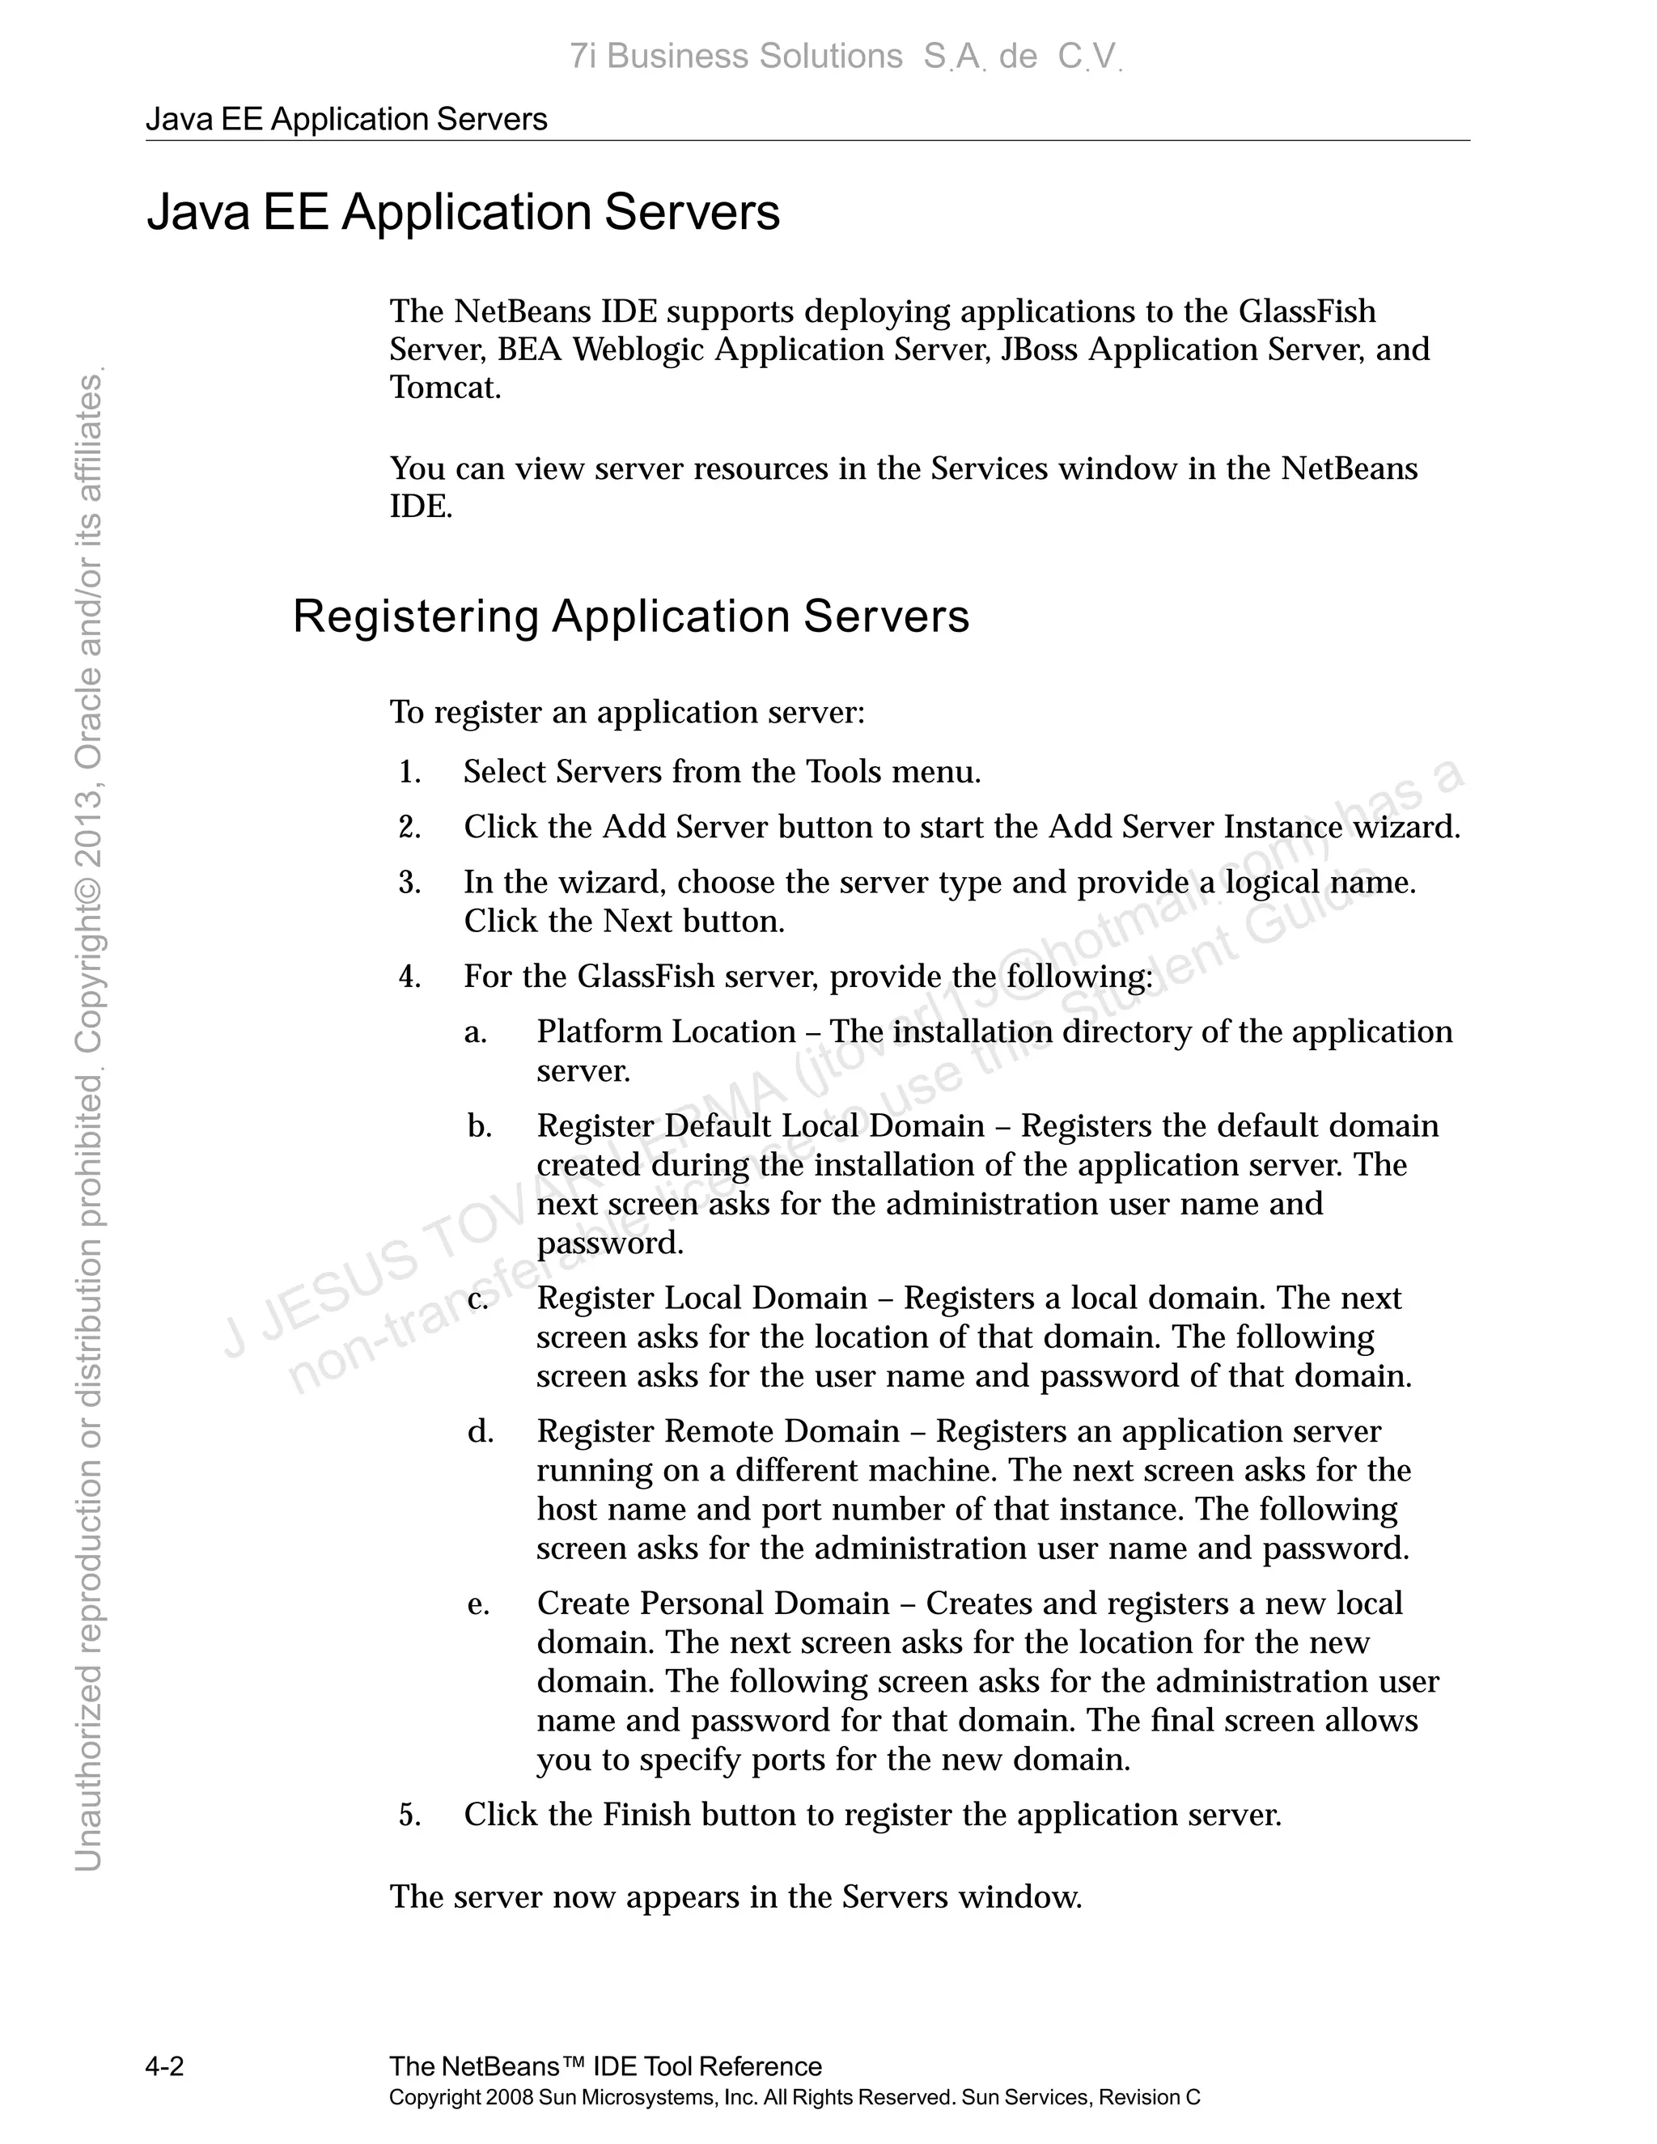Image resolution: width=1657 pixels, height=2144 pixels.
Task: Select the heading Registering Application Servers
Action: click(630, 617)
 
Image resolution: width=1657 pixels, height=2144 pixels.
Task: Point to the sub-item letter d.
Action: click(480, 1432)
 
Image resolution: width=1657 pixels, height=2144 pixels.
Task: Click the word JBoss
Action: click(1039, 350)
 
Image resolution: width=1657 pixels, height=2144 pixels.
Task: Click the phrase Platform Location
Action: click(666, 1032)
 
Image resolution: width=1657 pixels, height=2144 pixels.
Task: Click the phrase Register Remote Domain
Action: click(718, 1432)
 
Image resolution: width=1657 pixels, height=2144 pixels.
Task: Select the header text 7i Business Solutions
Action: click(735, 57)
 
